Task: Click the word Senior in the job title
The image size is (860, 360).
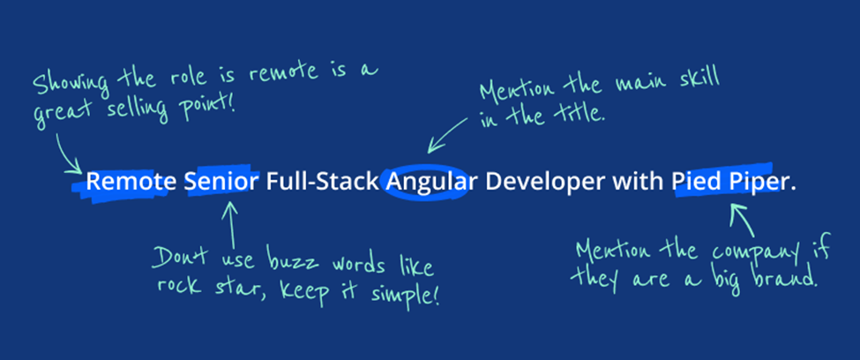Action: coord(221,182)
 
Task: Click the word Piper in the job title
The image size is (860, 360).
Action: coord(756,183)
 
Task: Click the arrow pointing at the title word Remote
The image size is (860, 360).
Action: coord(68,154)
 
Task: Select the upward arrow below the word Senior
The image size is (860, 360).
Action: coord(231,225)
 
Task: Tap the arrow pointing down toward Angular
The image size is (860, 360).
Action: coord(448,134)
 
